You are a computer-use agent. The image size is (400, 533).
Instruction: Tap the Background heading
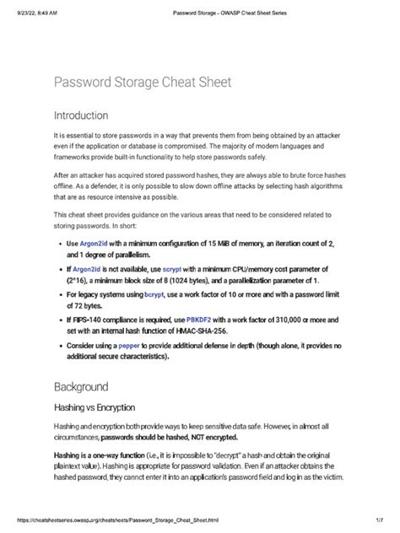82,387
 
